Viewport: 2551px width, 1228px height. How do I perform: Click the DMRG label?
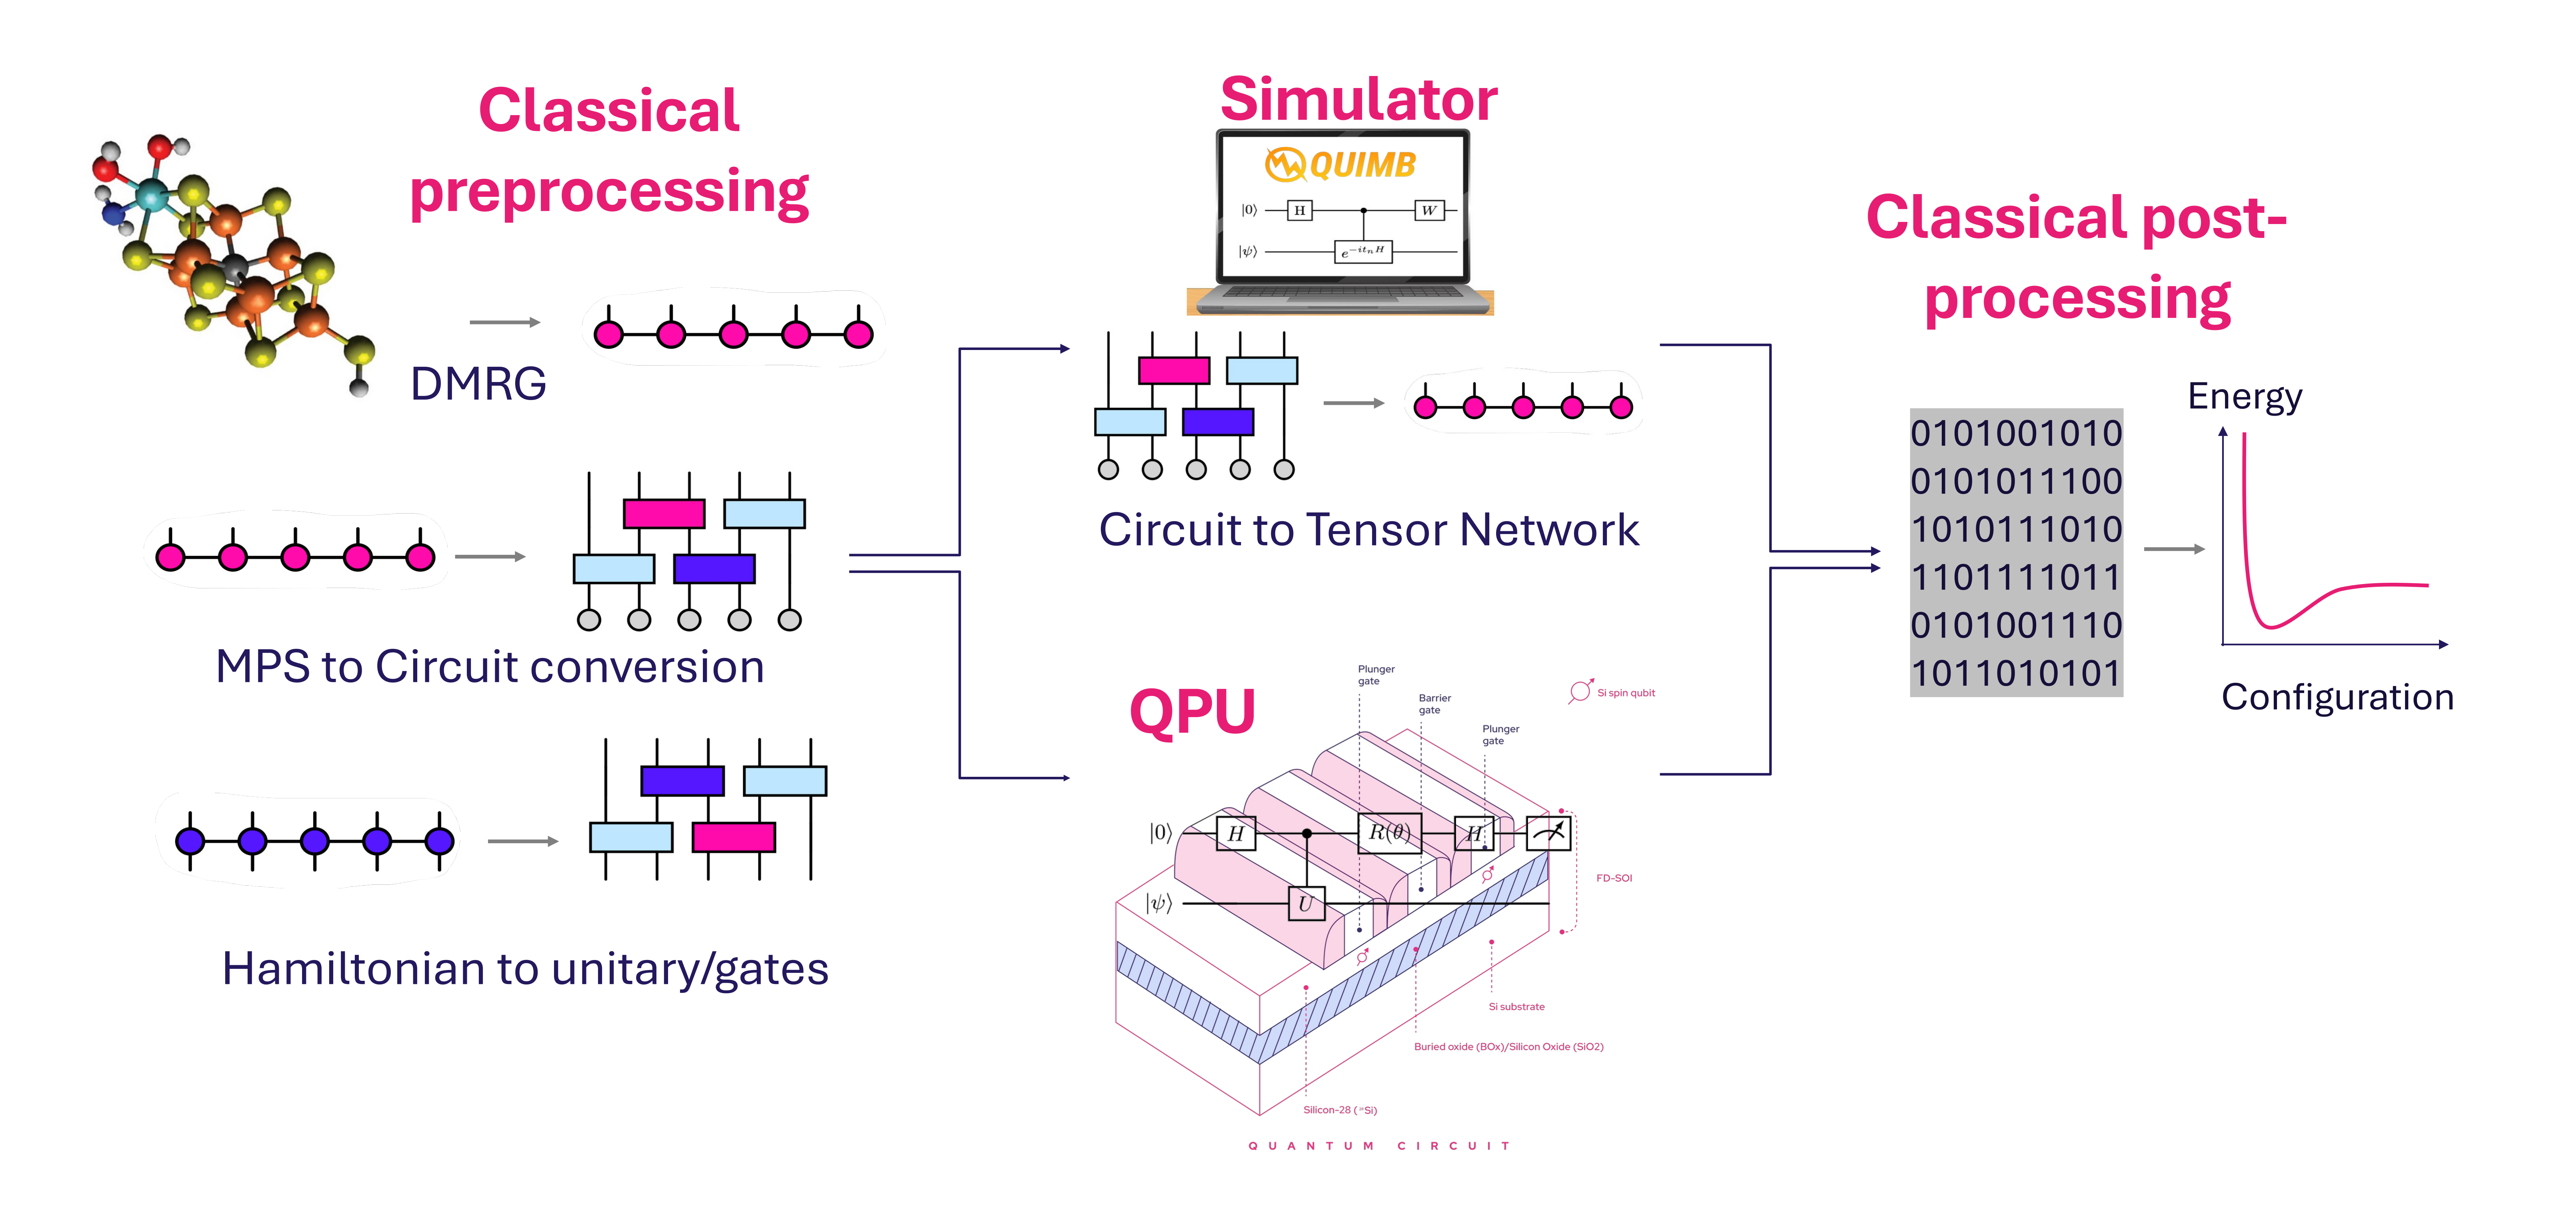[478, 384]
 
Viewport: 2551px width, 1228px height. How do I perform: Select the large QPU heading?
[1192, 711]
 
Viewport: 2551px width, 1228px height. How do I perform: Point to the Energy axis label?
[2244, 396]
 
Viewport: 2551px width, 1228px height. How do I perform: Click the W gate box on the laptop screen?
[1428, 210]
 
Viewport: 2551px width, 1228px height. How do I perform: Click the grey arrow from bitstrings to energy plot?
[2174, 549]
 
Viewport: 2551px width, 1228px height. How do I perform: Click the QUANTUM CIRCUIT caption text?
[1379, 1146]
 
